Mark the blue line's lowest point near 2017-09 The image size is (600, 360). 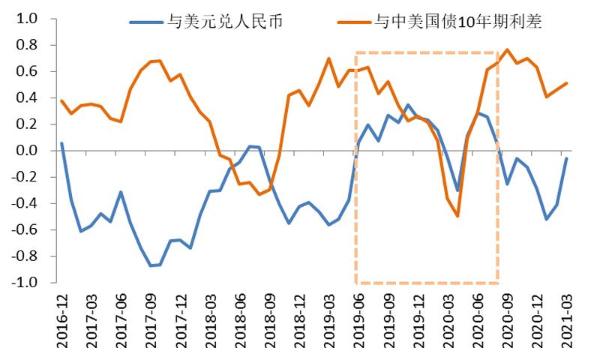(151, 265)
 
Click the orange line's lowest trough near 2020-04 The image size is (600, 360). (457, 216)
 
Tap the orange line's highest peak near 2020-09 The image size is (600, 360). (508, 49)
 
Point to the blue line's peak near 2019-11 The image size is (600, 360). (408, 105)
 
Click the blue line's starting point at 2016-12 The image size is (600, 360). (61, 143)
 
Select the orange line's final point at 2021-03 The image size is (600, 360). (567, 83)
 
